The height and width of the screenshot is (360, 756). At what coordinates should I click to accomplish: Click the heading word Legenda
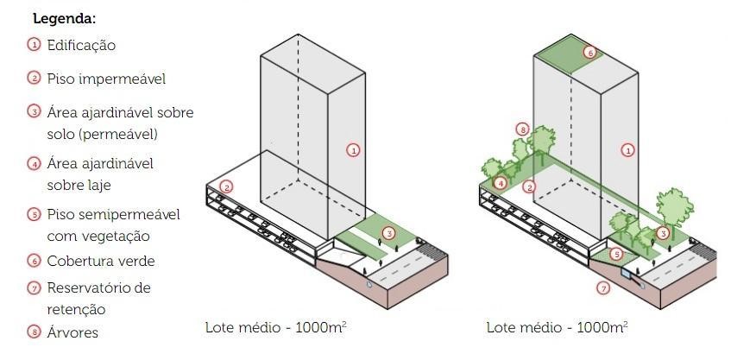[x=64, y=19]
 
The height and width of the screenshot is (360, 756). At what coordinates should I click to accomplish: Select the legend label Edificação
[x=81, y=46]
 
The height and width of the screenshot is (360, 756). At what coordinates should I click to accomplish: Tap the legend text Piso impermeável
[x=106, y=79]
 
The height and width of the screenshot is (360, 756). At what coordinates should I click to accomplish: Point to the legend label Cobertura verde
[x=101, y=261]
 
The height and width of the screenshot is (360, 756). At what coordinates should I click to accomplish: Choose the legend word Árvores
[x=72, y=332]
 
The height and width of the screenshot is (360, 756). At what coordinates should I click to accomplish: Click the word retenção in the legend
[x=76, y=309]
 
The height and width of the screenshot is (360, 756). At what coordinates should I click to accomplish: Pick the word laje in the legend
[x=100, y=185]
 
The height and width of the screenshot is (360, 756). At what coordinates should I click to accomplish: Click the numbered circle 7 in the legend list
[x=34, y=288]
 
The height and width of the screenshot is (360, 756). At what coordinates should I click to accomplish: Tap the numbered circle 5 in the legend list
[x=34, y=214]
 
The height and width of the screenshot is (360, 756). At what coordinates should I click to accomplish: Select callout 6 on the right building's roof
[x=589, y=53]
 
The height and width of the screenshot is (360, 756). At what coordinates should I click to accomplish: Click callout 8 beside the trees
[x=522, y=129]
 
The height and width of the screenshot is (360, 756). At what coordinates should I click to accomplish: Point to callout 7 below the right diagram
[x=602, y=288]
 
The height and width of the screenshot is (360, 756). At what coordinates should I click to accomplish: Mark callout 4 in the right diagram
[x=501, y=183]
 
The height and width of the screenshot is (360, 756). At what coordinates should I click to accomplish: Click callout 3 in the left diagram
[x=388, y=234]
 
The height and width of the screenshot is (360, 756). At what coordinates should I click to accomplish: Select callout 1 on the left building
[x=354, y=150]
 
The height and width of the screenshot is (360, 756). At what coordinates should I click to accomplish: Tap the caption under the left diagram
[x=276, y=327]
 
